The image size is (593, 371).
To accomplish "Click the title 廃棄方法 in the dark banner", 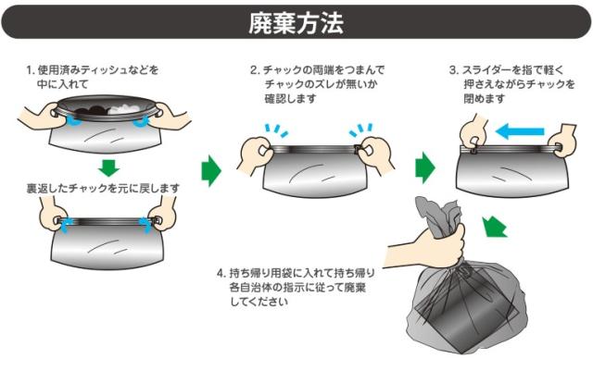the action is (x=296, y=23).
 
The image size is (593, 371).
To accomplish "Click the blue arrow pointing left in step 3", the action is (x=520, y=131).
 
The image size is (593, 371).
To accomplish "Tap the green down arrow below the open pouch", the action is (x=109, y=167).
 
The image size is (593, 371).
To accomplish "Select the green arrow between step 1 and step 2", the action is (x=210, y=171).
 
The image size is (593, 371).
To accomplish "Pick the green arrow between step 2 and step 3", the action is (x=425, y=167).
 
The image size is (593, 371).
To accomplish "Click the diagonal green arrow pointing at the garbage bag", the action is (x=494, y=227).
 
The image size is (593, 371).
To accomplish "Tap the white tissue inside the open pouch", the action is (x=126, y=109).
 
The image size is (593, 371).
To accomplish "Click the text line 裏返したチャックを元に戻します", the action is (x=103, y=188).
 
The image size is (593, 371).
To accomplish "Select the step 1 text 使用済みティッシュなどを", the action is (x=98, y=70).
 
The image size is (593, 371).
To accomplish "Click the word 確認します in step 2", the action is (x=290, y=99).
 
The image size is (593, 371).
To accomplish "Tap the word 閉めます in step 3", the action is (x=485, y=99).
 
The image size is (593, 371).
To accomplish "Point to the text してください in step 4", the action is (x=259, y=302).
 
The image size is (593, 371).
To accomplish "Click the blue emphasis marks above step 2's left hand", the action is (x=276, y=130).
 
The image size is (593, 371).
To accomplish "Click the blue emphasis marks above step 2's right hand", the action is (x=361, y=130).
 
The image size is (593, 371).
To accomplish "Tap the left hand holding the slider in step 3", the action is (x=473, y=133).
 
